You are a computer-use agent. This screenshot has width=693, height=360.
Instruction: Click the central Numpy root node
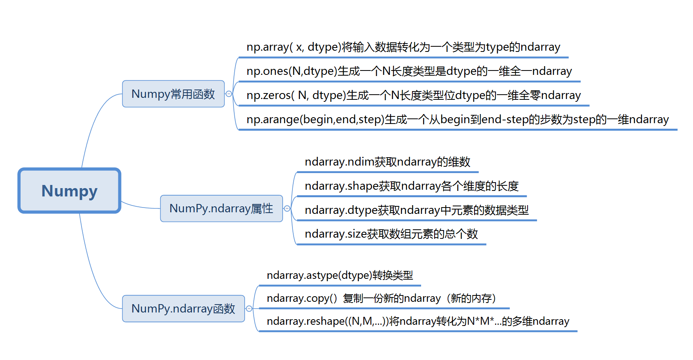[x=69, y=190]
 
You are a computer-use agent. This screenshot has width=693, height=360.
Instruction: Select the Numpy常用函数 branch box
[x=173, y=94]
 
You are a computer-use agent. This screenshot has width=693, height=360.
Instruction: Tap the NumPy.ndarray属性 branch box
[x=221, y=208]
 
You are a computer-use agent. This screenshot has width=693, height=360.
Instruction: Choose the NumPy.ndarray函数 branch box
[x=183, y=309]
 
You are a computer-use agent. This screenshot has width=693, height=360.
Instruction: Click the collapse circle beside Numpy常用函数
[x=229, y=94]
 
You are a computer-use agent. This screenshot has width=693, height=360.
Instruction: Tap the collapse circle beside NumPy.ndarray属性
[x=287, y=208]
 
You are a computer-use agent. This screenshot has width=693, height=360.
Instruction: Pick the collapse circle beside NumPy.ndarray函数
[x=249, y=309]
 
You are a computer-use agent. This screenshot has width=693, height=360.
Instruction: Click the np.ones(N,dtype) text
[x=292, y=71]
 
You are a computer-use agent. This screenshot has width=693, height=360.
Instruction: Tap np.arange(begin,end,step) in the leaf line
[x=315, y=120]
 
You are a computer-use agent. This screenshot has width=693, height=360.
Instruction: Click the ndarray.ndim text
[x=339, y=162]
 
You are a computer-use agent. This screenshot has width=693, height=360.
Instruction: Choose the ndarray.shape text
[x=342, y=186]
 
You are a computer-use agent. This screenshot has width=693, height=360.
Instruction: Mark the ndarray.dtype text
[x=341, y=210]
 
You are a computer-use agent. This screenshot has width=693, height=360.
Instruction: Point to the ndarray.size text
[x=336, y=234]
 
